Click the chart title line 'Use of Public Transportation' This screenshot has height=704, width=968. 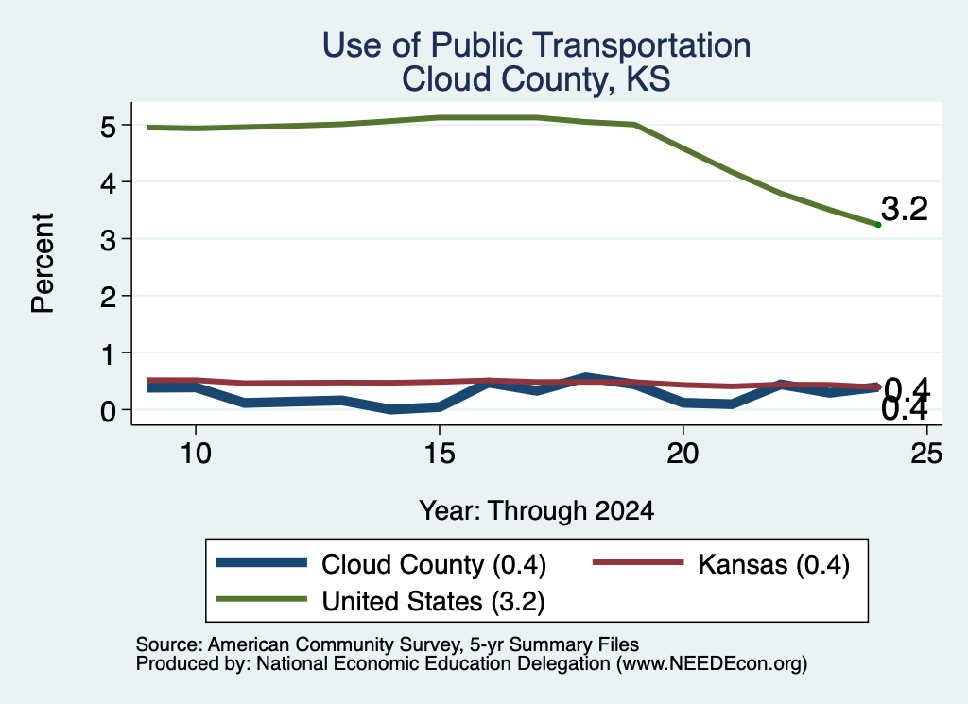tap(536, 45)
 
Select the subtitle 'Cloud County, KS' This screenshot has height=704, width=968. tap(536, 79)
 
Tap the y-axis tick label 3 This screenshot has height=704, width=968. tap(108, 240)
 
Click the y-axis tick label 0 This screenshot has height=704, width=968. tap(108, 411)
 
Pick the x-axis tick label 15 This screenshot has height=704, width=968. tap(440, 454)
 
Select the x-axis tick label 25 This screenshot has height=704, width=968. tap(926, 454)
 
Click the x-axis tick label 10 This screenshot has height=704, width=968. tap(196, 454)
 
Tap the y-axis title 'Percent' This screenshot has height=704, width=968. tap(43, 263)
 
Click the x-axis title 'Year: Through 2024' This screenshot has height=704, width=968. tap(537, 511)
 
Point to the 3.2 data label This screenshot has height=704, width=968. tap(905, 209)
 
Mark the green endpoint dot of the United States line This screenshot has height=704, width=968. tap(878, 225)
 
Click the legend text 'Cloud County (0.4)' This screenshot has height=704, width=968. tap(434, 565)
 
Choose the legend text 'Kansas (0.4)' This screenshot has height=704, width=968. tap(774, 565)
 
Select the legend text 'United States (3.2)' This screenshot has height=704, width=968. tap(433, 602)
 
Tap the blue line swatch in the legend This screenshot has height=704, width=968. tap(262, 562)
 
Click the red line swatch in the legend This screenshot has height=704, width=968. tap(638, 562)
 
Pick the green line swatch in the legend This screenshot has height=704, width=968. tap(262, 598)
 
